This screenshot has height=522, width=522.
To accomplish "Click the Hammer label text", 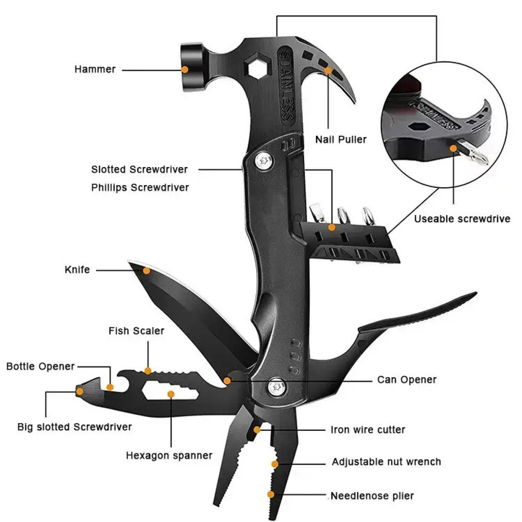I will (95, 69).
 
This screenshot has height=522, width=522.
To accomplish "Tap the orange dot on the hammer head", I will (185, 69).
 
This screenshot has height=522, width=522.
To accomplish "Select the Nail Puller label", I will (341, 139).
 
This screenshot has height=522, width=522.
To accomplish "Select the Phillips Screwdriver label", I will (140, 188).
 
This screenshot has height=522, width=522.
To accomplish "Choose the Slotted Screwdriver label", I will (139, 169).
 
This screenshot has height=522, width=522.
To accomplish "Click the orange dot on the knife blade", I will (147, 271).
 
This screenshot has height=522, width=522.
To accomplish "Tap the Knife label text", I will (77, 269).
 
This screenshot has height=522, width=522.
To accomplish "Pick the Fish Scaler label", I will (136, 331).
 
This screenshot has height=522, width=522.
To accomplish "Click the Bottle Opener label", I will (41, 366).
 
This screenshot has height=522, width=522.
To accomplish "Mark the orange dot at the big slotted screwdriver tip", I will (80, 391).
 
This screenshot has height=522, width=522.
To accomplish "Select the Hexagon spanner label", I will (169, 455).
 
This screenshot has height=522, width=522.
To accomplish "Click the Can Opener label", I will (406, 379).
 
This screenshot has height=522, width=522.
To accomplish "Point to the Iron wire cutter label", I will (368, 430).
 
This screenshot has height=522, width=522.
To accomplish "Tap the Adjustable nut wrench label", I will (386, 462).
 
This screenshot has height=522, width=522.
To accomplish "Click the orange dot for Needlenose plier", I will (271, 494).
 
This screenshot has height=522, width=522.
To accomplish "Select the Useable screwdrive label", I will (462, 219).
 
